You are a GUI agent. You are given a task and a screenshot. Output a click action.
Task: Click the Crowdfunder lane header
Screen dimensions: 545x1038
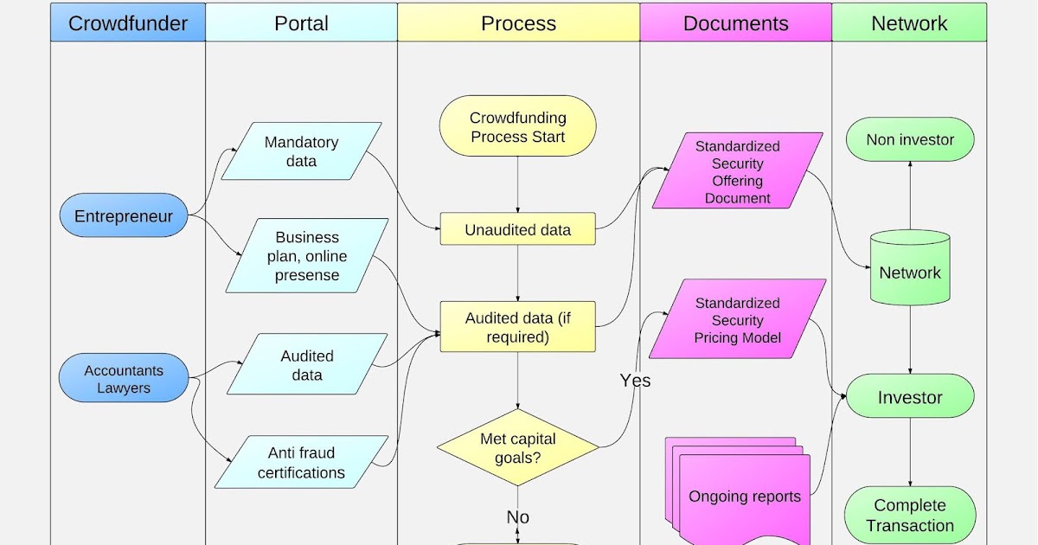point(127,22)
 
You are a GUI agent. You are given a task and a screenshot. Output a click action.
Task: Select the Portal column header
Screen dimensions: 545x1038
point(301,22)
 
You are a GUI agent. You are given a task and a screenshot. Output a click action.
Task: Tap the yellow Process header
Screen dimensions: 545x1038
point(518,22)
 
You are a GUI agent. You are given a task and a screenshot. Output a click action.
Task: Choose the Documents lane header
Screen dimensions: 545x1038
point(735,22)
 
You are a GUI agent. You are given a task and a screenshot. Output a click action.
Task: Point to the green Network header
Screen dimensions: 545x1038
point(909,22)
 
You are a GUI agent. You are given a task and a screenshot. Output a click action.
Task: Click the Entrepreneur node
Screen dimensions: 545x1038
point(124,216)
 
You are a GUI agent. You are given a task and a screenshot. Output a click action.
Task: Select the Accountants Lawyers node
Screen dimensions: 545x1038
point(124,379)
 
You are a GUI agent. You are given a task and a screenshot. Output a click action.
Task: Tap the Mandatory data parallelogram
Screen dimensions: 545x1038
point(301,151)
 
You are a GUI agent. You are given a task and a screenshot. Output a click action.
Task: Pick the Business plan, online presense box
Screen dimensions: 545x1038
point(307,255)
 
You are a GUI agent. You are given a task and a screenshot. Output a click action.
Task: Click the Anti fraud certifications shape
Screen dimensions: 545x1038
point(301,462)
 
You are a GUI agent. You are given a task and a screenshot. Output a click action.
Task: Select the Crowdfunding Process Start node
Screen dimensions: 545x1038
point(517,127)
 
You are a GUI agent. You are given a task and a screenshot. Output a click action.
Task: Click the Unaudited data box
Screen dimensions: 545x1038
point(517,229)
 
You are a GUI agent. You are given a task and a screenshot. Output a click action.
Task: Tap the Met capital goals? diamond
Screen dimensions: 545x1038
point(517,448)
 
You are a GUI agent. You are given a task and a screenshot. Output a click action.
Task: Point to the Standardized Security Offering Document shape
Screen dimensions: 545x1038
point(737,171)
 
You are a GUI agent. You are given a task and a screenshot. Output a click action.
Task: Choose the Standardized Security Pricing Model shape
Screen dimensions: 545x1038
point(737,319)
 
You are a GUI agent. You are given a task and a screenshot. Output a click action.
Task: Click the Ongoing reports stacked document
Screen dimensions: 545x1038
point(744,496)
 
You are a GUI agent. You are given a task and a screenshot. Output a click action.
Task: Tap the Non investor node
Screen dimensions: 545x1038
point(909,139)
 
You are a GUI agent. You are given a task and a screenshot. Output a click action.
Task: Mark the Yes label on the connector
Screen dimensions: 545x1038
point(635,381)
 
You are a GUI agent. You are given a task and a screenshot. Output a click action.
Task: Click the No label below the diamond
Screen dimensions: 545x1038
point(517,517)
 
